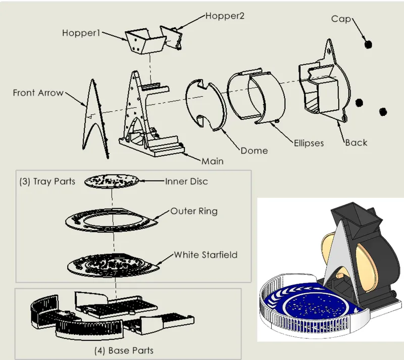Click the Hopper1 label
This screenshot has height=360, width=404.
(81, 33)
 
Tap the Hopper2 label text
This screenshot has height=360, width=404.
(225, 16)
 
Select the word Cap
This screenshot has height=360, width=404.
(341, 19)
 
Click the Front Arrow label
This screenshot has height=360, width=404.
(38, 93)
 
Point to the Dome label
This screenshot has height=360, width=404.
(254, 151)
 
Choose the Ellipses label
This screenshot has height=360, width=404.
(309, 143)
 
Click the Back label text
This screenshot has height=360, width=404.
(356, 143)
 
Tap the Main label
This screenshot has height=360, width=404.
(212, 161)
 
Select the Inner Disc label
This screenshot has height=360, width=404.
(186, 182)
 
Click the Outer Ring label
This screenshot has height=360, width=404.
(194, 211)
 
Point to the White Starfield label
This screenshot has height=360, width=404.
(206, 255)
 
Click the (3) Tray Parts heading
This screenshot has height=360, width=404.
(47, 182)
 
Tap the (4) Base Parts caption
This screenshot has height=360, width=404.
(124, 350)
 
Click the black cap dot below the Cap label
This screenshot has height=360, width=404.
(369, 44)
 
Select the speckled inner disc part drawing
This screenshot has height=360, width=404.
(112, 181)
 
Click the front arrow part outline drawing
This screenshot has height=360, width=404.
(95, 119)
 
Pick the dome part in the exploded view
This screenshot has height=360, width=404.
(206, 105)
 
